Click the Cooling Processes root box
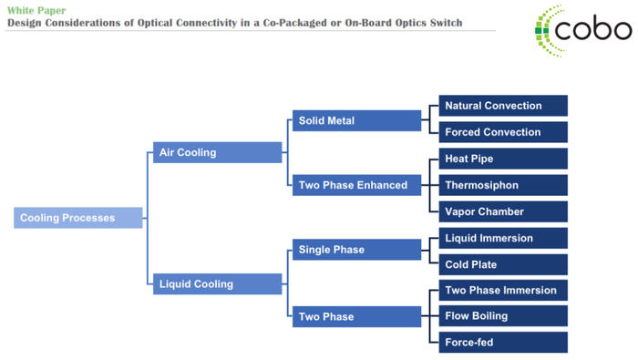click(78, 218)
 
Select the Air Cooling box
click(217, 152)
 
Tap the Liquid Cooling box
click(217, 283)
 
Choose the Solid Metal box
click(356, 120)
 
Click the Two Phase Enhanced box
click(356, 185)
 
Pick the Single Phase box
click(356, 250)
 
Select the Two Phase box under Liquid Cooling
click(356, 316)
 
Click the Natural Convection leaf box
click(503, 106)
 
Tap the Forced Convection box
click(503, 132)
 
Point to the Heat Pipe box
click(503, 159)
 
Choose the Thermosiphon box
click(503, 185)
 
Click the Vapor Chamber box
click(503, 211)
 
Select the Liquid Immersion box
click(503, 238)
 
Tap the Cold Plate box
click(503, 264)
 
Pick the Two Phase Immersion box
click(503, 290)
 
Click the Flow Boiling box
click(503, 316)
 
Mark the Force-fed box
click(503, 343)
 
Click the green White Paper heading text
click(36, 10)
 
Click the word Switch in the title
click(441, 23)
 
